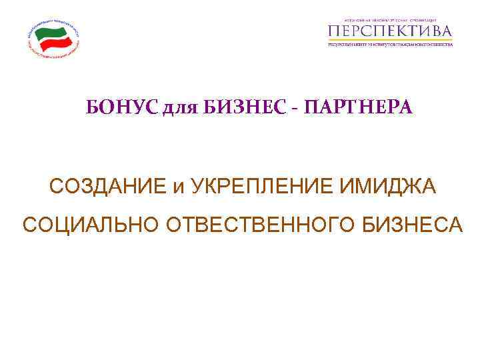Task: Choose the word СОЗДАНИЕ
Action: coord(107,187)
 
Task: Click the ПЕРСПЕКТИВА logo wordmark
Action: coord(390,31)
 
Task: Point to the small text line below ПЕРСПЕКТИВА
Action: coord(390,41)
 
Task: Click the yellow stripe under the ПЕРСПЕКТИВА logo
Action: coord(390,46)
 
